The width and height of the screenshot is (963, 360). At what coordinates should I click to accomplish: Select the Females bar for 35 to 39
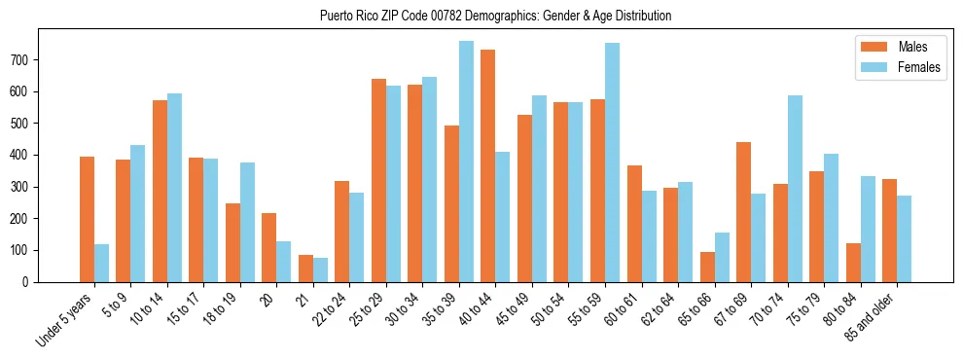click(x=466, y=162)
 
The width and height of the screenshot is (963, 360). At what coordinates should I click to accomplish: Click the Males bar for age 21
click(x=305, y=269)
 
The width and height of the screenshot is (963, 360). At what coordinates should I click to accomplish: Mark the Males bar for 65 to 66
click(x=707, y=267)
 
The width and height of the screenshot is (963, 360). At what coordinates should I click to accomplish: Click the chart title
click(x=495, y=17)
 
